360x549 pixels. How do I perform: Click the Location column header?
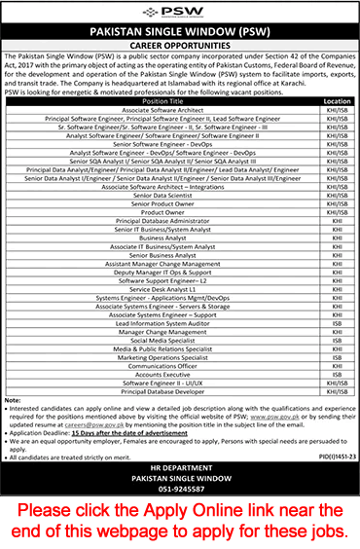pos(336,99)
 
